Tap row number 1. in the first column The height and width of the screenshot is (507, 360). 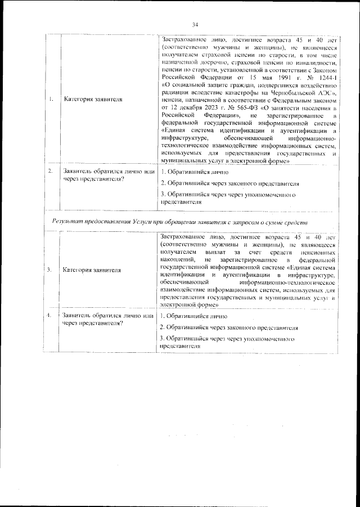(51, 100)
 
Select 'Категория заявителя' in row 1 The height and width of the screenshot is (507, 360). (92, 100)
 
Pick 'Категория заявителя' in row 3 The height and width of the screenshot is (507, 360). (92, 270)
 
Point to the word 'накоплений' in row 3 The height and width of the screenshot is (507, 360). (175, 261)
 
